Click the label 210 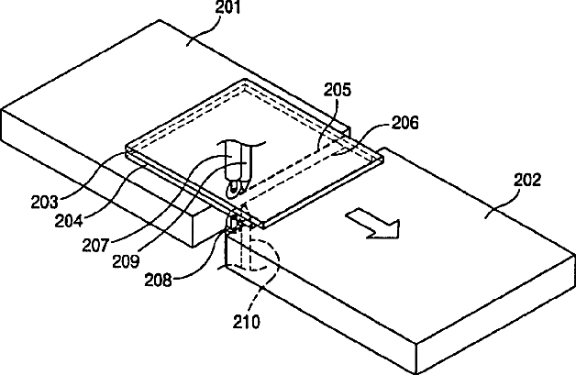(x=247, y=322)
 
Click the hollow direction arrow (x=371, y=223)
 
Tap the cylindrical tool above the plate (x=238, y=160)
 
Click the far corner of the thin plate (x=245, y=83)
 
